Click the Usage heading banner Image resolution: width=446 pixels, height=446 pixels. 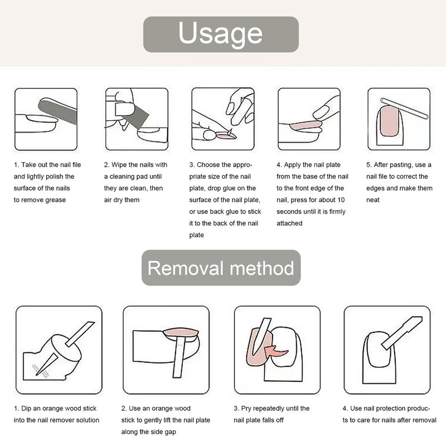click(221, 34)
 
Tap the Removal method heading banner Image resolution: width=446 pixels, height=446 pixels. click(221, 268)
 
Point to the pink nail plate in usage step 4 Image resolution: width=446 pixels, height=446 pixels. click(306, 125)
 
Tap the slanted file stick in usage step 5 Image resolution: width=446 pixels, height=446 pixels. click(404, 108)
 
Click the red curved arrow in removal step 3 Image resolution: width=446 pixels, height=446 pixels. click(276, 351)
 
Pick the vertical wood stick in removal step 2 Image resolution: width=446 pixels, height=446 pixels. click(178, 357)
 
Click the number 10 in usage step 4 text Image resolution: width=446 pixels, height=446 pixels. click(341, 200)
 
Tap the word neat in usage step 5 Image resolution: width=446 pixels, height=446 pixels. click(372, 200)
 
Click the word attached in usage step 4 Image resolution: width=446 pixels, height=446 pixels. click(289, 224)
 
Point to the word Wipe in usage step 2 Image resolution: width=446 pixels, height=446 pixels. click(119, 165)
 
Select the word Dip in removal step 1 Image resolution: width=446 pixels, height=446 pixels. click(26, 409)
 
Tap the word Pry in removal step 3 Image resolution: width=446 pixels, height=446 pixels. click(246, 409)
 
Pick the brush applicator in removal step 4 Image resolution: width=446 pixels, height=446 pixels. click(401, 332)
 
